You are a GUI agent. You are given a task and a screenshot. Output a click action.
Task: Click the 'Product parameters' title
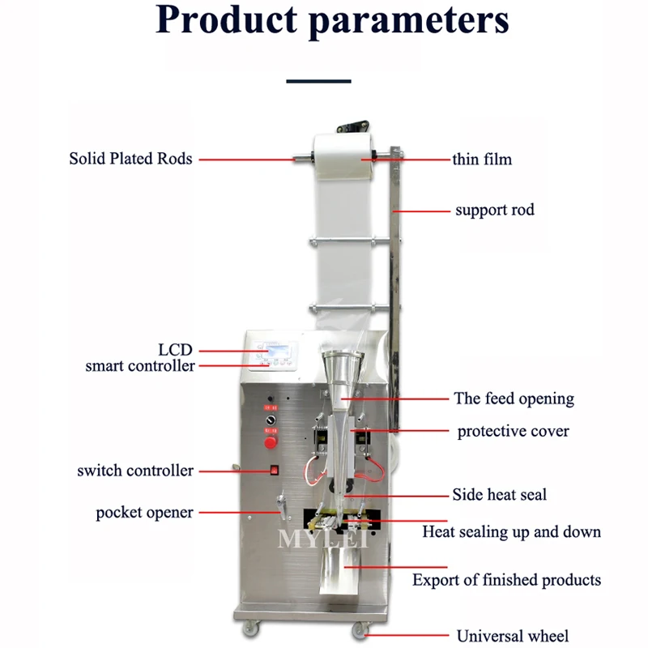[x=332, y=23]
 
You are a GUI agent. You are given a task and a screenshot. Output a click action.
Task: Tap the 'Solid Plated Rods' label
[x=130, y=159]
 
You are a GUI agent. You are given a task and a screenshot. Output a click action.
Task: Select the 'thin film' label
[x=482, y=159]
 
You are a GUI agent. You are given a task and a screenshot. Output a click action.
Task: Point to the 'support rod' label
[x=494, y=211]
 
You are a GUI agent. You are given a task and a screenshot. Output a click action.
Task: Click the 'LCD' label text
[x=175, y=350]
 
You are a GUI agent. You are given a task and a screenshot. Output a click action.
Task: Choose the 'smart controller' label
[x=140, y=366]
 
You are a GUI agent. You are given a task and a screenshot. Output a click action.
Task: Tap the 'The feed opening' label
[x=514, y=399]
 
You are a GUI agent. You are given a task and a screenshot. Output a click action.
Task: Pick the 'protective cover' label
[x=513, y=431]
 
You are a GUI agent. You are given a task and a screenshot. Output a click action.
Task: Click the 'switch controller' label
[x=135, y=471]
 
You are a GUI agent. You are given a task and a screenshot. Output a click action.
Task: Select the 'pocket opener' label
[x=144, y=513]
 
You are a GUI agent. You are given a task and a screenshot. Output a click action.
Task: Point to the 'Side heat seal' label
[x=499, y=494]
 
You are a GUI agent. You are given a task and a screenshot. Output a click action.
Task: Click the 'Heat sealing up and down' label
[x=511, y=532]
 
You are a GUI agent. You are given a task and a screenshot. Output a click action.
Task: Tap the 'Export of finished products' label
[x=506, y=580]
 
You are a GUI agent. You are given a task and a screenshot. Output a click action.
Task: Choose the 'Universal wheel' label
[x=513, y=636]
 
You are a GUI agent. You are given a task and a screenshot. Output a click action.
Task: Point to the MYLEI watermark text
[x=323, y=538]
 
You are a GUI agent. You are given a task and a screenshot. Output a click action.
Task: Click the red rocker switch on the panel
[x=274, y=469]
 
